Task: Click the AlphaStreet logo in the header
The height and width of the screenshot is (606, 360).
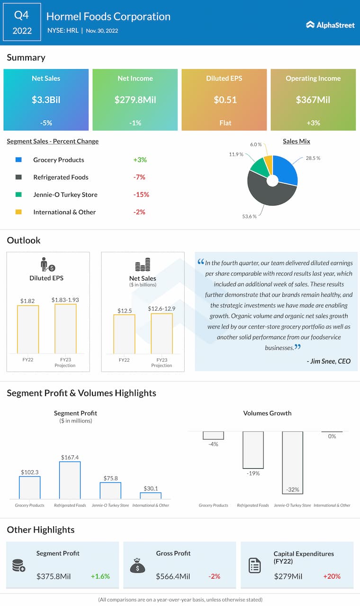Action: [330, 25]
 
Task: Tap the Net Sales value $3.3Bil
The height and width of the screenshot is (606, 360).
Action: [46, 100]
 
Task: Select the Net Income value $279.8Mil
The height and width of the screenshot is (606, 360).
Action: [135, 100]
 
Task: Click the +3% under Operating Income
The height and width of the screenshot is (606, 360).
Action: [313, 123]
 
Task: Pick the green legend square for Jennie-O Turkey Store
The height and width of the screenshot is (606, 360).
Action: [18, 195]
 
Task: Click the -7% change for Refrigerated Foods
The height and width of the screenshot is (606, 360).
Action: [139, 177]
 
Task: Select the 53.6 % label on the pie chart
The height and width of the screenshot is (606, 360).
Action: [249, 216]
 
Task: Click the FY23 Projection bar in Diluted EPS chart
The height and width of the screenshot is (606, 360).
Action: [65, 329]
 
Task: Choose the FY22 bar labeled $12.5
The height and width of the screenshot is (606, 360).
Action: [124, 334]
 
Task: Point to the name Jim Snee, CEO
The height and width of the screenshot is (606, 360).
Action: [329, 361]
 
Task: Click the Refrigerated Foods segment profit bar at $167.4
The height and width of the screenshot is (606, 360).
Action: [70, 480]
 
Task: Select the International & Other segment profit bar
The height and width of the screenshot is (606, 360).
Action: [151, 495]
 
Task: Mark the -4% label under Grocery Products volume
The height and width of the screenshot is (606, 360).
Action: [213, 444]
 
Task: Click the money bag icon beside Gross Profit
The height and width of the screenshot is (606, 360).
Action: [137, 565]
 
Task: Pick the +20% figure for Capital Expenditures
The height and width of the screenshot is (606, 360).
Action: [332, 576]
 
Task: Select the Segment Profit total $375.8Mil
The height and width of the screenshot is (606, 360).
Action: [54, 576]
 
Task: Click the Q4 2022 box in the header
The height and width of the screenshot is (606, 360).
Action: [22, 23]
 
